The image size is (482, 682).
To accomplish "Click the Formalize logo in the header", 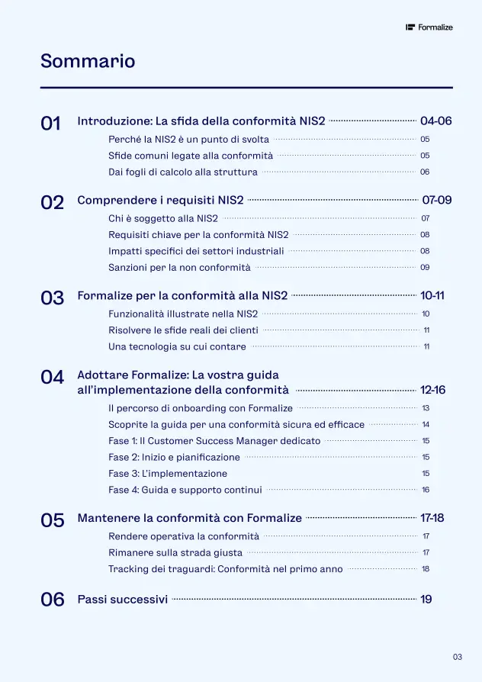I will [x=429, y=27].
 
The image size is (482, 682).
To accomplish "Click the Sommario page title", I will [x=88, y=61].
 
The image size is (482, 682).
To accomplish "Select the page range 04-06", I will [x=436, y=121].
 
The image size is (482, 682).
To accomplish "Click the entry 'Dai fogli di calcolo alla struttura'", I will [x=183, y=172].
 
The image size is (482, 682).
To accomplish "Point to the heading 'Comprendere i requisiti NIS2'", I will [x=160, y=201].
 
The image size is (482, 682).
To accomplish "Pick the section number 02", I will [x=52, y=202].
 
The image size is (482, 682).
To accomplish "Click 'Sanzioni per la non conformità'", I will [x=179, y=268].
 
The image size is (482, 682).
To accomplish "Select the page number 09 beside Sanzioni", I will [x=425, y=268].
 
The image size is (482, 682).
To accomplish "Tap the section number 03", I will [x=52, y=298].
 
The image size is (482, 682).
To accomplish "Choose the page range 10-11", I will [x=432, y=296].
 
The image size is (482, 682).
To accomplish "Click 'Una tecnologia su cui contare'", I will [x=177, y=347].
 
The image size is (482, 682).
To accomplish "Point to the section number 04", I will [x=52, y=377].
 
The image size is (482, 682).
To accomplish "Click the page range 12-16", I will [x=432, y=391].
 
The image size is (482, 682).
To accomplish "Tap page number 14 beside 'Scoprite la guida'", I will [x=426, y=425].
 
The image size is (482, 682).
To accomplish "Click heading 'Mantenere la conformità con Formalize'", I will [x=190, y=518].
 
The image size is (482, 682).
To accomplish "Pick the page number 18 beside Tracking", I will [x=426, y=569].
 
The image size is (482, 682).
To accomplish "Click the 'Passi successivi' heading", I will [x=123, y=600].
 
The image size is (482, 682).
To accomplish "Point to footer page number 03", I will [x=458, y=657].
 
